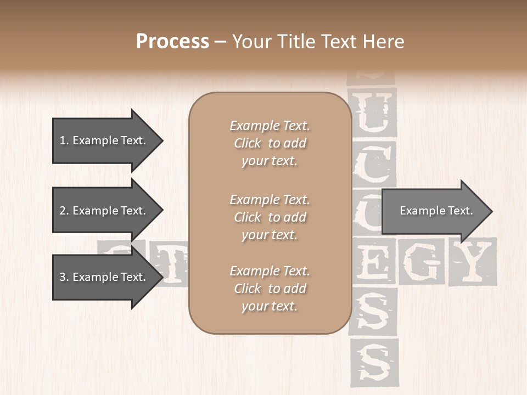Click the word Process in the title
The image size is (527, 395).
point(172,42)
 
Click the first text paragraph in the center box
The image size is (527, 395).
point(270,143)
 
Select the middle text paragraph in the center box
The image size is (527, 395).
point(270,217)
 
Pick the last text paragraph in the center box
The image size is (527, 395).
point(270,289)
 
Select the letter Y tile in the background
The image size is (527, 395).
point(472,262)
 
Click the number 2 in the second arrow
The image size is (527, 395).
point(63,211)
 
